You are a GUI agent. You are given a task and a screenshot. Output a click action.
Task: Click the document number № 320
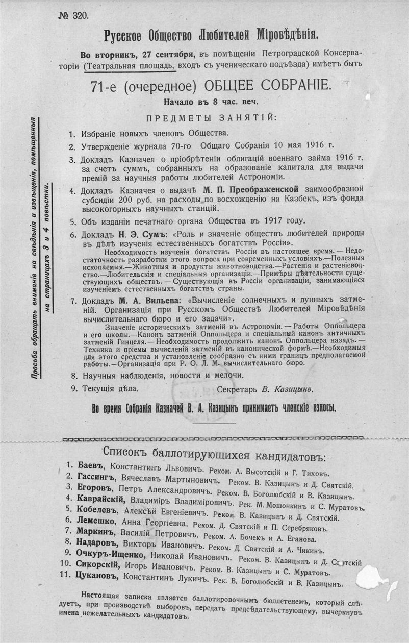coord(74,15)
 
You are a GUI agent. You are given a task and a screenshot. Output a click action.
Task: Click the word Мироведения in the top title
coord(278,35)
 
